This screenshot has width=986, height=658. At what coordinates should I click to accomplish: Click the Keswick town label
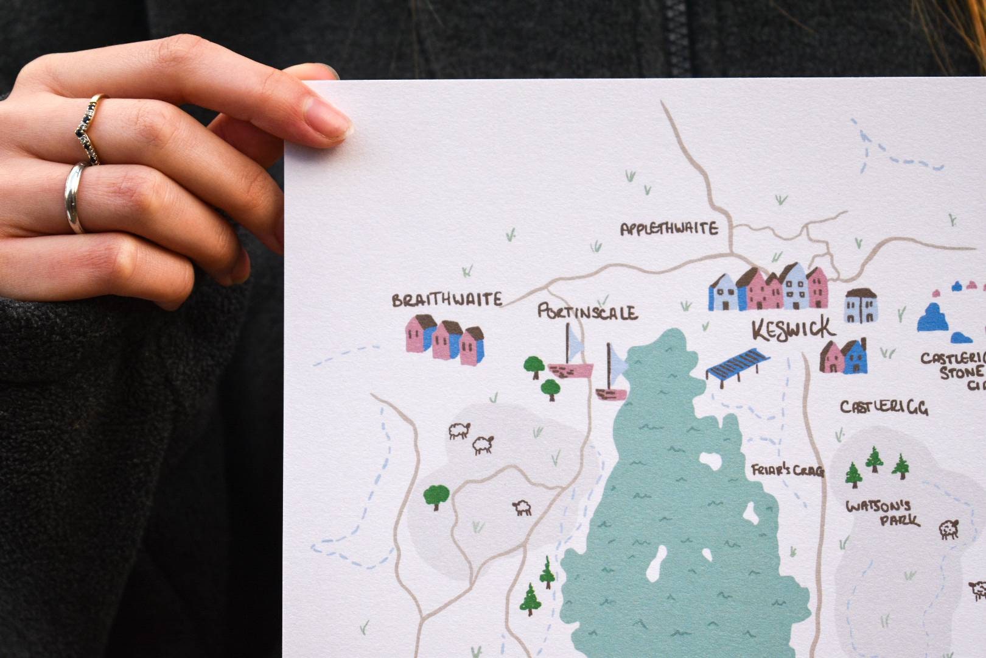(x=793, y=330)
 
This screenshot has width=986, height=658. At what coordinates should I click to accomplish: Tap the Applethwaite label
(x=669, y=229)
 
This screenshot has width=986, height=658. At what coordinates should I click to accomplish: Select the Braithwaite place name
(x=447, y=300)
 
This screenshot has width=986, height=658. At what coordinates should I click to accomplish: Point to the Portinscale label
(x=587, y=313)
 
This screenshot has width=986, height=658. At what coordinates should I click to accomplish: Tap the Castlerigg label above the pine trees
(x=884, y=407)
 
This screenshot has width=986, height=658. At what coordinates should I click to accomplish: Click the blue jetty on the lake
(x=736, y=364)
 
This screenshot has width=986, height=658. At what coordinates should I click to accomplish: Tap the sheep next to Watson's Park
(x=948, y=529)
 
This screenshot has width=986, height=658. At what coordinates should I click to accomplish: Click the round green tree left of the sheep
(x=436, y=495)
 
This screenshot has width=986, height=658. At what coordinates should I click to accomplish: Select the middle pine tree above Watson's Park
(x=875, y=459)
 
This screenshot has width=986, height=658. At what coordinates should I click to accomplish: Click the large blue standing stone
(x=932, y=317)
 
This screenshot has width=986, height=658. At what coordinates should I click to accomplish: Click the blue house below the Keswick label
(x=855, y=358)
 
